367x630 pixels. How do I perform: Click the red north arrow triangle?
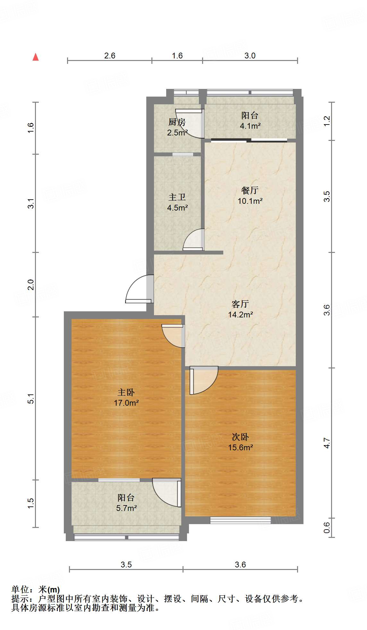(x=36, y=57)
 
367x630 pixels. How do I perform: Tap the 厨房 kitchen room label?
(x=177, y=122)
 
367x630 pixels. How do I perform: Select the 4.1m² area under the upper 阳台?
(x=250, y=126)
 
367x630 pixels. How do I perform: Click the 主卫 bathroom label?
(x=177, y=197)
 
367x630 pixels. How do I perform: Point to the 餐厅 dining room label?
(x=250, y=190)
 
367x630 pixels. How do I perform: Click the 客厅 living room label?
(x=240, y=304)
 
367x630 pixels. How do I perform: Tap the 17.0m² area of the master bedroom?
(x=126, y=403)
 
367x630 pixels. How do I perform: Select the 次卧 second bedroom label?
(x=240, y=437)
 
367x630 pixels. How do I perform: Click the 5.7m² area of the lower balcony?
(x=126, y=508)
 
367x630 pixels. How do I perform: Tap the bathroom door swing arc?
(x=194, y=240)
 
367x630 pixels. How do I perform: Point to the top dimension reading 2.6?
(x=110, y=56)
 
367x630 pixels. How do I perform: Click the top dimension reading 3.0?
(x=250, y=56)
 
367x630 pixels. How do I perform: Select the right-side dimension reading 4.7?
(x=327, y=443)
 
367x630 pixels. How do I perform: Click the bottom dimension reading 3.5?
(x=126, y=565)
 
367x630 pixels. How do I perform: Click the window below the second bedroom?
(x=240, y=520)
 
